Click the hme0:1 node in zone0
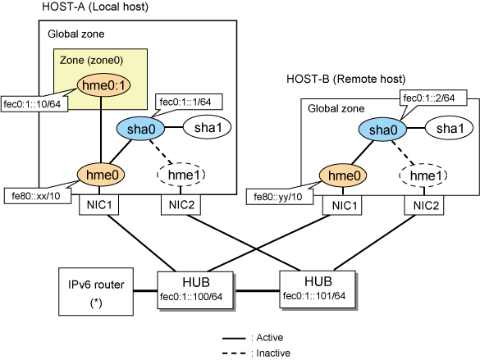(103, 85)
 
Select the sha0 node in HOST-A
(141, 129)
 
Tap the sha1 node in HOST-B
(450, 129)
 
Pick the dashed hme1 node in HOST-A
(181, 175)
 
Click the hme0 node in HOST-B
(343, 175)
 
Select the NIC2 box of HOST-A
(181, 205)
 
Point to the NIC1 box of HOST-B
(342, 205)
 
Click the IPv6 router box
(96, 291)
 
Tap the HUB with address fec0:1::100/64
(195, 289)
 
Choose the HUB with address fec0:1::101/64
(318, 289)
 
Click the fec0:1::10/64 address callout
(34, 104)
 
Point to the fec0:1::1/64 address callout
(189, 102)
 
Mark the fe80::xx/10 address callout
(38, 196)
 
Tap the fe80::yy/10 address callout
(280, 196)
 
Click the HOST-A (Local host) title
(95, 7)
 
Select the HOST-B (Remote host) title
(346, 79)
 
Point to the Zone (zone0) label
(91, 60)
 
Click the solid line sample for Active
(234, 339)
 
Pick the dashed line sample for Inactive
(234, 353)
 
